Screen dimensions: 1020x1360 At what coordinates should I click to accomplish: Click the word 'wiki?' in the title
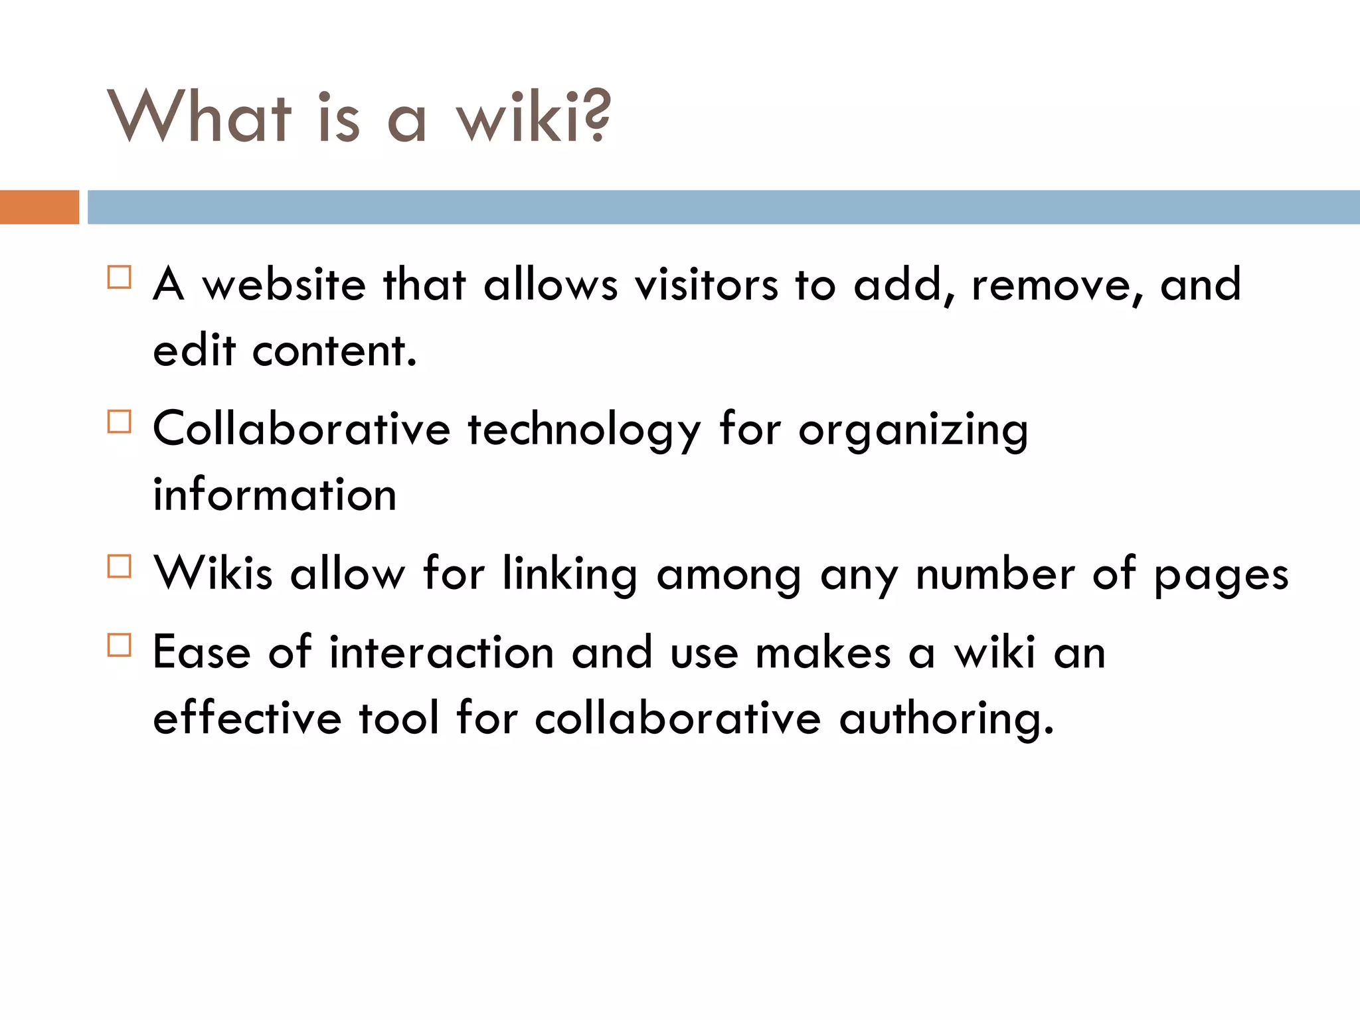[533, 117]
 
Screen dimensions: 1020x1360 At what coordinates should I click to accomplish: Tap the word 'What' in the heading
[199, 117]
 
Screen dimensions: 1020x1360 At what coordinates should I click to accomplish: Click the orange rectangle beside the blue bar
[39, 207]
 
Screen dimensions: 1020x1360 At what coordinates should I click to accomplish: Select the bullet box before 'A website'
[120, 277]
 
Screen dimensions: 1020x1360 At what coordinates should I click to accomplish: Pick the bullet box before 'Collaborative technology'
[120, 422]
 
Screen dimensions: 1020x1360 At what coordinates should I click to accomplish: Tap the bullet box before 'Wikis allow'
[120, 566]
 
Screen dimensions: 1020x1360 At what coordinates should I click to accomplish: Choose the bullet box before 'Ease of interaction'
[120, 645]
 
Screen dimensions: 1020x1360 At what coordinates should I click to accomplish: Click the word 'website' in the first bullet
[284, 285]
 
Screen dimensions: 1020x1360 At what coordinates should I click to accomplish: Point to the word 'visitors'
[706, 285]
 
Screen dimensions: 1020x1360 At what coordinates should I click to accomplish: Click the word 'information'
[275, 495]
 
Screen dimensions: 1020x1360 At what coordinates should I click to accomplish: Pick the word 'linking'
[570, 575]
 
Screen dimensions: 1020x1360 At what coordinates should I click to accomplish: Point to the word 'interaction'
[442, 652]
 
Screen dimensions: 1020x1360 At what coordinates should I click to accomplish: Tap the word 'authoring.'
[946, 720]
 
